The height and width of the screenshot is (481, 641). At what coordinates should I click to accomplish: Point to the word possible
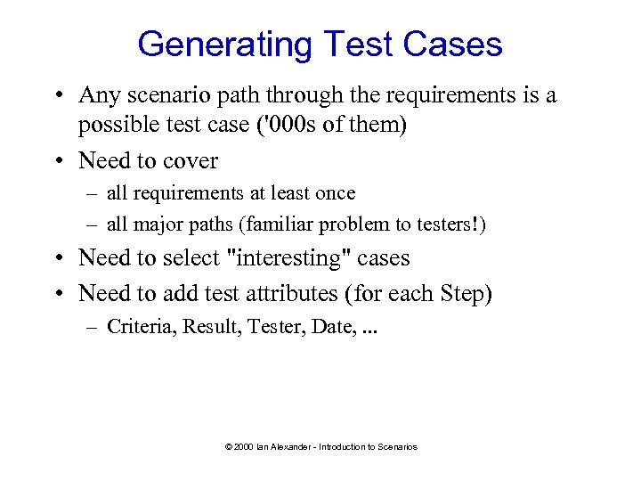[x=114, y=126]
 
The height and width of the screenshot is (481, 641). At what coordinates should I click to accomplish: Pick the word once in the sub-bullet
[x=335, y=193]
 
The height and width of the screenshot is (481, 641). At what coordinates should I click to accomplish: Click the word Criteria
[x=141, y=327]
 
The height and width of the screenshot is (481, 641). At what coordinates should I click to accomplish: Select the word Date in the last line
[x=332, y=327]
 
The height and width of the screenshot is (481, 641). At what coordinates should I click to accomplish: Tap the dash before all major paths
[x=92, y=224]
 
